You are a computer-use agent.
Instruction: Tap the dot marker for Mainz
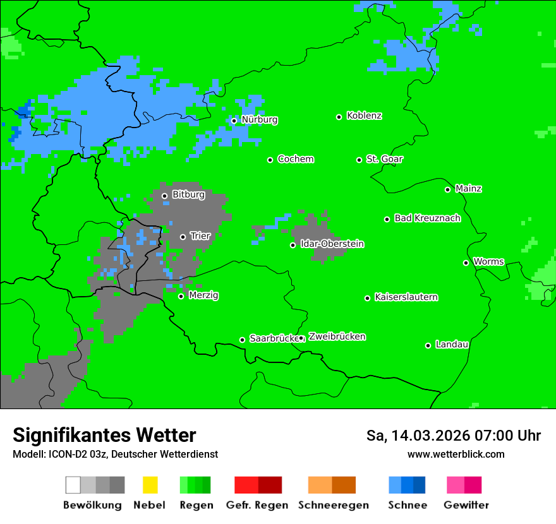[x=447, y=189]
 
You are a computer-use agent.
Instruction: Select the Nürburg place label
[x=259, y=120]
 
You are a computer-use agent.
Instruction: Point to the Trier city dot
[x=183, y=237]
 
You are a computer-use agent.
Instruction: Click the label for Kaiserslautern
[x=406, y=297]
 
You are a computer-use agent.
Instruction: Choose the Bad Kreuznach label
[x=427, y=218]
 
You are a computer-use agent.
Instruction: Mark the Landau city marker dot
[x=428, y=345]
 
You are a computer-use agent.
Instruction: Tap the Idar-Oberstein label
[x=332, y=244]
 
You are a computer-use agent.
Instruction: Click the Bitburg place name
[x=188, y=195]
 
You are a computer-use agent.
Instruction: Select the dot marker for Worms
[x=466, y=263]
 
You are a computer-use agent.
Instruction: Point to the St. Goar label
[x=384, y=159]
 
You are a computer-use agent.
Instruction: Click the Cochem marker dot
[x=270, y=160]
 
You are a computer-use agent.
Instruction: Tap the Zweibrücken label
[x=337, y=336]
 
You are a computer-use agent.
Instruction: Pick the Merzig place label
[x=203, y=295]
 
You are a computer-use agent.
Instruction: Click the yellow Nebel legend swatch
[x=150, y=485]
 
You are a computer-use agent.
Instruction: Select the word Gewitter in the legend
[x=466, y=505]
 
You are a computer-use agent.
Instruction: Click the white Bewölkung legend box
[x=73, y=485]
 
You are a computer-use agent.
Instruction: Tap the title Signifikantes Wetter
[x=104, y=436]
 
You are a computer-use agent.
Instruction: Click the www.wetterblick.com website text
[x=456, y=455]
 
